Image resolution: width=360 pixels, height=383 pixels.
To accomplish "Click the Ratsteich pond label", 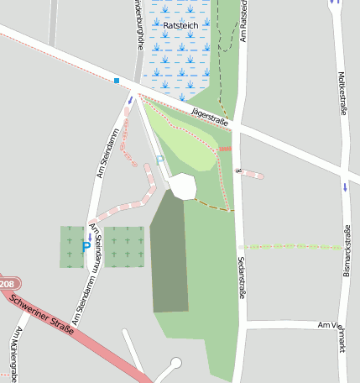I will click(180, 26).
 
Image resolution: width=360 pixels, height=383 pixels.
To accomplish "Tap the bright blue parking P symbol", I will click(86, 247).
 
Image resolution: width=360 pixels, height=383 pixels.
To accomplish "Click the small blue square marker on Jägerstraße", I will click(117, 81).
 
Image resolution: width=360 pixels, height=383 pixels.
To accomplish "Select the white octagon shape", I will click(182, 186).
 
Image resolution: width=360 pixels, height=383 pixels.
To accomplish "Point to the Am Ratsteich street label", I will click(243, 21).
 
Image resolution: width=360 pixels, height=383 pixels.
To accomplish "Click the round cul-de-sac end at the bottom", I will click(175, 363).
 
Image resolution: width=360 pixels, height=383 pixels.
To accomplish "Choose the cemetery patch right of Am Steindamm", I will click(123, 247).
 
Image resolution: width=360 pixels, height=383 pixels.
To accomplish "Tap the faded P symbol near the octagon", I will click(159, 160).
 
